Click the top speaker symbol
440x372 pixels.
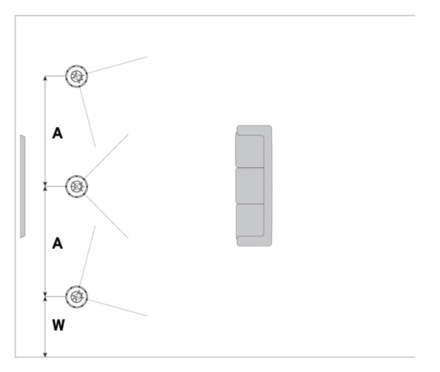pos(77,76)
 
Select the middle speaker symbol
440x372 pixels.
pos(77,186)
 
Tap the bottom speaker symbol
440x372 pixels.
pos(77,296)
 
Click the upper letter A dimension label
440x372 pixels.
pos(57,133)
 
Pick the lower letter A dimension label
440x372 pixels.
pos(57,244)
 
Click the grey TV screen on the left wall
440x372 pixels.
pos(23,186)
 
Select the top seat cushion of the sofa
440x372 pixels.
pos(249,152)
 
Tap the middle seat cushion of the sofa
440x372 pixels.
pos(249,186)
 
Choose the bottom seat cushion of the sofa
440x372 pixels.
pos(249,220)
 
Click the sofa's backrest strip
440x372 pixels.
pos(268,186)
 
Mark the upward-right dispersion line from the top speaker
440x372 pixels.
pos(117,65)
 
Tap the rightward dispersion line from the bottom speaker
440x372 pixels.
pos(117,307)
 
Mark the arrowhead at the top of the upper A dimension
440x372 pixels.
pos(46,79)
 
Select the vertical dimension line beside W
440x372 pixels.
pos(46,327)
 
